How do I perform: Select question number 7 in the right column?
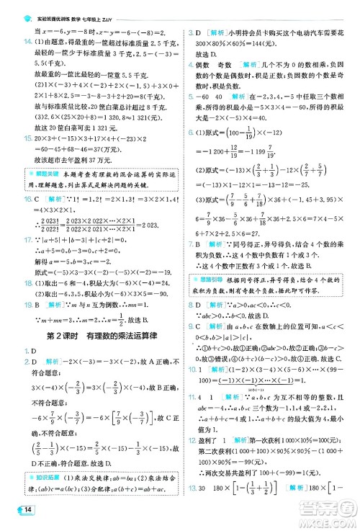point(190,246)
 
